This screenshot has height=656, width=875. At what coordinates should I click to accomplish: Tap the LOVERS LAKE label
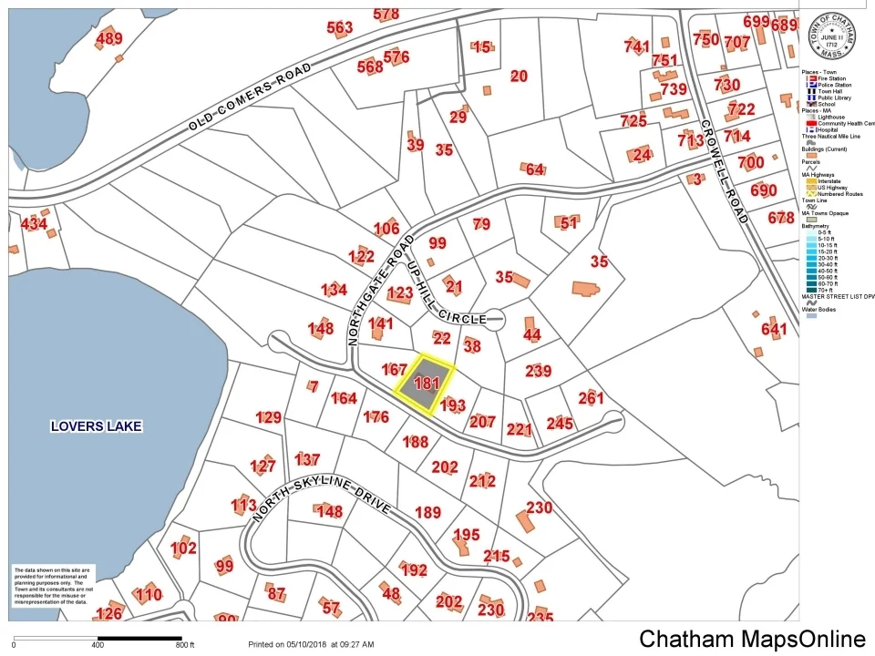(97, 425)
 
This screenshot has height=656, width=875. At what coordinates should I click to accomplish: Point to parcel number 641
(773, 329)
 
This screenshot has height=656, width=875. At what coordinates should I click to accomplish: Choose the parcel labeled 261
(591, 398)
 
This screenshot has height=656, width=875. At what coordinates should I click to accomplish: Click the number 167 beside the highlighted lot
(394, 370)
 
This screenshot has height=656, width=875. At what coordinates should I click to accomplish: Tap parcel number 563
(339, 28)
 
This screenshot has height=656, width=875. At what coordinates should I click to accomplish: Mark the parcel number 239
(539, 371)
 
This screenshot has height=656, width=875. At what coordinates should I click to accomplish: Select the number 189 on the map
(427, 512)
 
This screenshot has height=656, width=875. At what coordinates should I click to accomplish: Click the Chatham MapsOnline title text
(752, 639)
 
